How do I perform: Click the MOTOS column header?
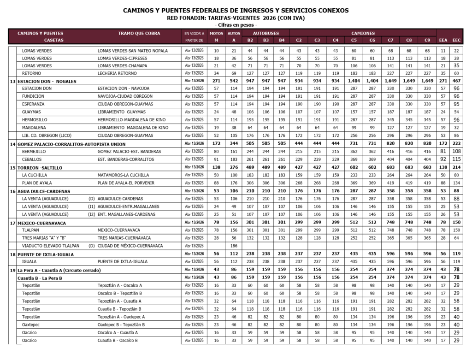(216, 33)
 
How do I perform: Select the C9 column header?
(427, 41)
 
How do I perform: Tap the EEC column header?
(456, 41)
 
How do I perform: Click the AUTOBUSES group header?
(266, 33)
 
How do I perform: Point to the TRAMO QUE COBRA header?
(139, 33)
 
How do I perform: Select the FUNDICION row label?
(33, 96)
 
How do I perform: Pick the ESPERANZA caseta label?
(33, 104)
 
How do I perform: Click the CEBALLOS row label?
(32, 159)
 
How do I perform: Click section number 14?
(12, 144)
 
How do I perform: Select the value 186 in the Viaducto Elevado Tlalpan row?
(234, 246)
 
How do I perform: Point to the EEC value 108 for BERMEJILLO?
(456, 151)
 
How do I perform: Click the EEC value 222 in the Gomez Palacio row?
(456, 143)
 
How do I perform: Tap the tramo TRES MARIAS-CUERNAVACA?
(124, 238)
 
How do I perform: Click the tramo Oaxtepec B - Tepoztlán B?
(121, 325)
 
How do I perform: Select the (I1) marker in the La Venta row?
(92, 207)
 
